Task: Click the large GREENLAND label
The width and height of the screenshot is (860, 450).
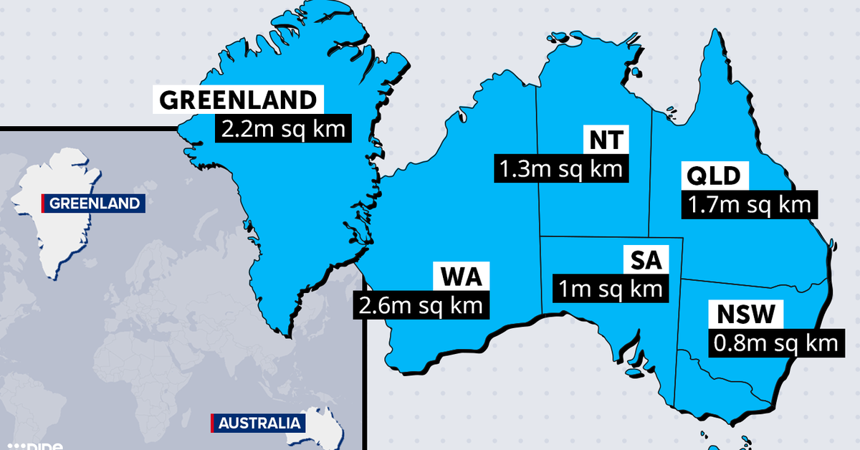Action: (x=237, y=100)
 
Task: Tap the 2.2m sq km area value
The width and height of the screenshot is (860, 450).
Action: (x=283, y=130)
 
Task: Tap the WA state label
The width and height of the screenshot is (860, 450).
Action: (x=461, y=276)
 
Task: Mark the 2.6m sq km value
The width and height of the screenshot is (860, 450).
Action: (x=421, y=305)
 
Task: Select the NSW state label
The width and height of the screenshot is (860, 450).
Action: (x=745, y=315)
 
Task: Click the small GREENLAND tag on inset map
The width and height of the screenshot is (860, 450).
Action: (x=95, y=204)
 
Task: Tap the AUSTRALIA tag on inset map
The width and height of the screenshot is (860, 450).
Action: (x=257, y=423)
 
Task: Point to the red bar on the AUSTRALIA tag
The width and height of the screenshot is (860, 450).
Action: (x=212, y=423)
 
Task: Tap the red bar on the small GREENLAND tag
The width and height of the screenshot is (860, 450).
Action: (x=44, y=204)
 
